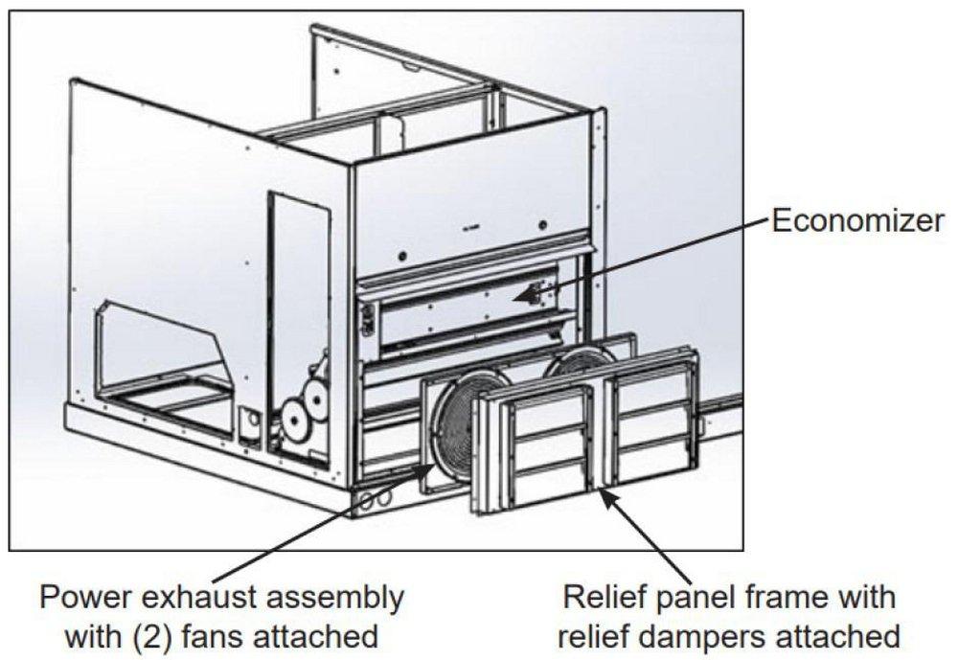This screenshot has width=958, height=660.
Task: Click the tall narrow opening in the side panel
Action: click(x=285, y=287)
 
